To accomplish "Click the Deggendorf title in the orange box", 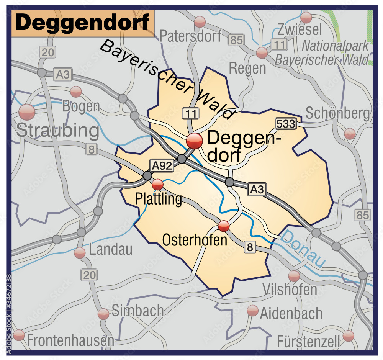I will pyautogui.click(x=83, y=23).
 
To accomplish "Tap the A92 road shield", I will pyautogui.click(x=162, y=165).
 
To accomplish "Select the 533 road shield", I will pyautogui.click(x=285, y=123).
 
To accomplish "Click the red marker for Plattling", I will pyautogui.click(x=157, y=185).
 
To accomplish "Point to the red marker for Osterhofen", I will pyautogui.click(x=224, y=226).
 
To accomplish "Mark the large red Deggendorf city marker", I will pyautogui.click(x=195, y=141).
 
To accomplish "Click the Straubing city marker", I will pyautogui.click(x=27, y=112).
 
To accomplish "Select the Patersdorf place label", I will pyautogui.click(x=190, y=36).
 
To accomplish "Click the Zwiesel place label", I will pyautogui.click(x=300, y=29).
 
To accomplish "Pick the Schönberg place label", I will pyautogui.click(x=338, y=113).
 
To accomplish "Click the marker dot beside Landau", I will pyautogui.click(x=80, y=253).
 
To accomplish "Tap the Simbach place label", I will pyautogui.click(x=138, y=311).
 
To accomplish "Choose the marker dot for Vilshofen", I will pyautogui.click(x=294, y=276).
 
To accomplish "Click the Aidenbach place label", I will pyautogui.click(x=291, y=314).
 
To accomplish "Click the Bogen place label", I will pyautogui.click(x=81, y=106).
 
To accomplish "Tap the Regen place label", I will pyautogui.click(x=247, y=68).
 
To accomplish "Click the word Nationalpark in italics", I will pyautogui.click(x=335, y=46).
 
